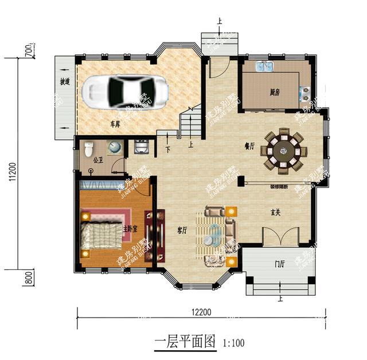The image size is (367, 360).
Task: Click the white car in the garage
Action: coord(126,90)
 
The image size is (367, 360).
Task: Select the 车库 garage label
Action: coord(115,124)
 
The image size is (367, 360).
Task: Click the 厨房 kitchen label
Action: coord(275,92)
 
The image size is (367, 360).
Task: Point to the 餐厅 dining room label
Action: coord(249,147)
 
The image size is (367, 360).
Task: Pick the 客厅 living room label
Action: coord(182,230)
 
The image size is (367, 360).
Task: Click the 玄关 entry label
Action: coord(276,213)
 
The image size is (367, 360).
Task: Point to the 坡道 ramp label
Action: coord(65,82)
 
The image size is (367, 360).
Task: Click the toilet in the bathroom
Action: coord(89,150)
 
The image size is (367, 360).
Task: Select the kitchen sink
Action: coord(264,67)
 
